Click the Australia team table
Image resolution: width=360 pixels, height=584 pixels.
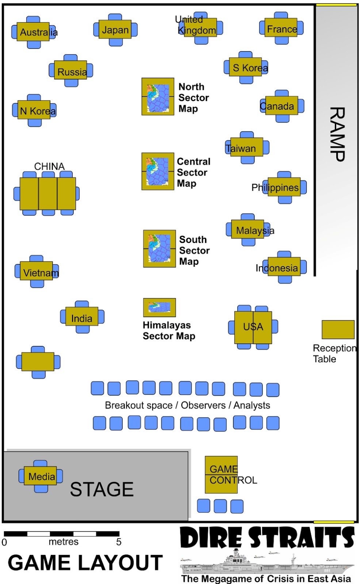pyautogui.click(x=33, y=32)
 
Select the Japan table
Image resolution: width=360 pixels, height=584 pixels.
pyautogui.click(x=115, y=30)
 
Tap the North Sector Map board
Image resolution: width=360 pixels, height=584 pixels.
pyautogui.click(x=158, y=96)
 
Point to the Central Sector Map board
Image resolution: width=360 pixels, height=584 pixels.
pyautogui.click(x=158, y=171)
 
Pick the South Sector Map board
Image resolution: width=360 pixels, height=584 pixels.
pyautogui.click(x=159, y=249)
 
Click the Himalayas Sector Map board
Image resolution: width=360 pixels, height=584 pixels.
pyautogui.click(x=159, y=307)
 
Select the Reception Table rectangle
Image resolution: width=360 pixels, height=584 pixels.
pyautogui.click(x=338, y=330)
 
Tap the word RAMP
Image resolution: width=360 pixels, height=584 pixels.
pyautogui.click(x=337, y=134)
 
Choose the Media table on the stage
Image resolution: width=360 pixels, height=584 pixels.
pyautogui.click(x=41, y=476)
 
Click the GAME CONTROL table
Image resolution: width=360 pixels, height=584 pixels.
pyautogui.click(x=221, y=474)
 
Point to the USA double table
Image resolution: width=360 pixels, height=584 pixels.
pyautogui.click(x=253, y=327)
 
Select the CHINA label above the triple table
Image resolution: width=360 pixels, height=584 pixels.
pyautogui.click(x=49, y=166)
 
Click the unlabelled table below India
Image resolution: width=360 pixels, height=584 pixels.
pyautogui.click(x=38, y=362)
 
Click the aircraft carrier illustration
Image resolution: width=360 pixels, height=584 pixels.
pyautogui.click(x=267, y=564)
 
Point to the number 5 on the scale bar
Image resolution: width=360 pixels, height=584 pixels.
pyautogui.click(x=119, y=542)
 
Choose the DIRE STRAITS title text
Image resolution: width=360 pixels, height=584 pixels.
pyautogui.click(x=267, y=537)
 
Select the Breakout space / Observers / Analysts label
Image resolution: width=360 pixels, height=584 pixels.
pyautogui.click(x=187, y=406)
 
